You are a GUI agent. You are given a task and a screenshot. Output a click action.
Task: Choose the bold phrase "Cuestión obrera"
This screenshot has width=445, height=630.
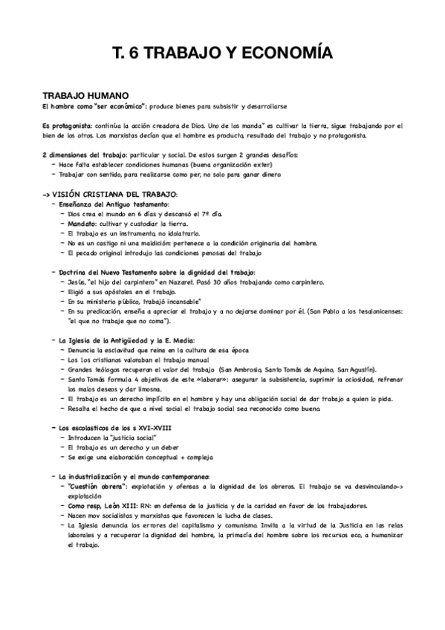pyautogui.click(x=93, y=485)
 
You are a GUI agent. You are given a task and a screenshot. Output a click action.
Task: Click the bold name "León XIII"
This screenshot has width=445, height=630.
pyautogui.click(x=119, y=505)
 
